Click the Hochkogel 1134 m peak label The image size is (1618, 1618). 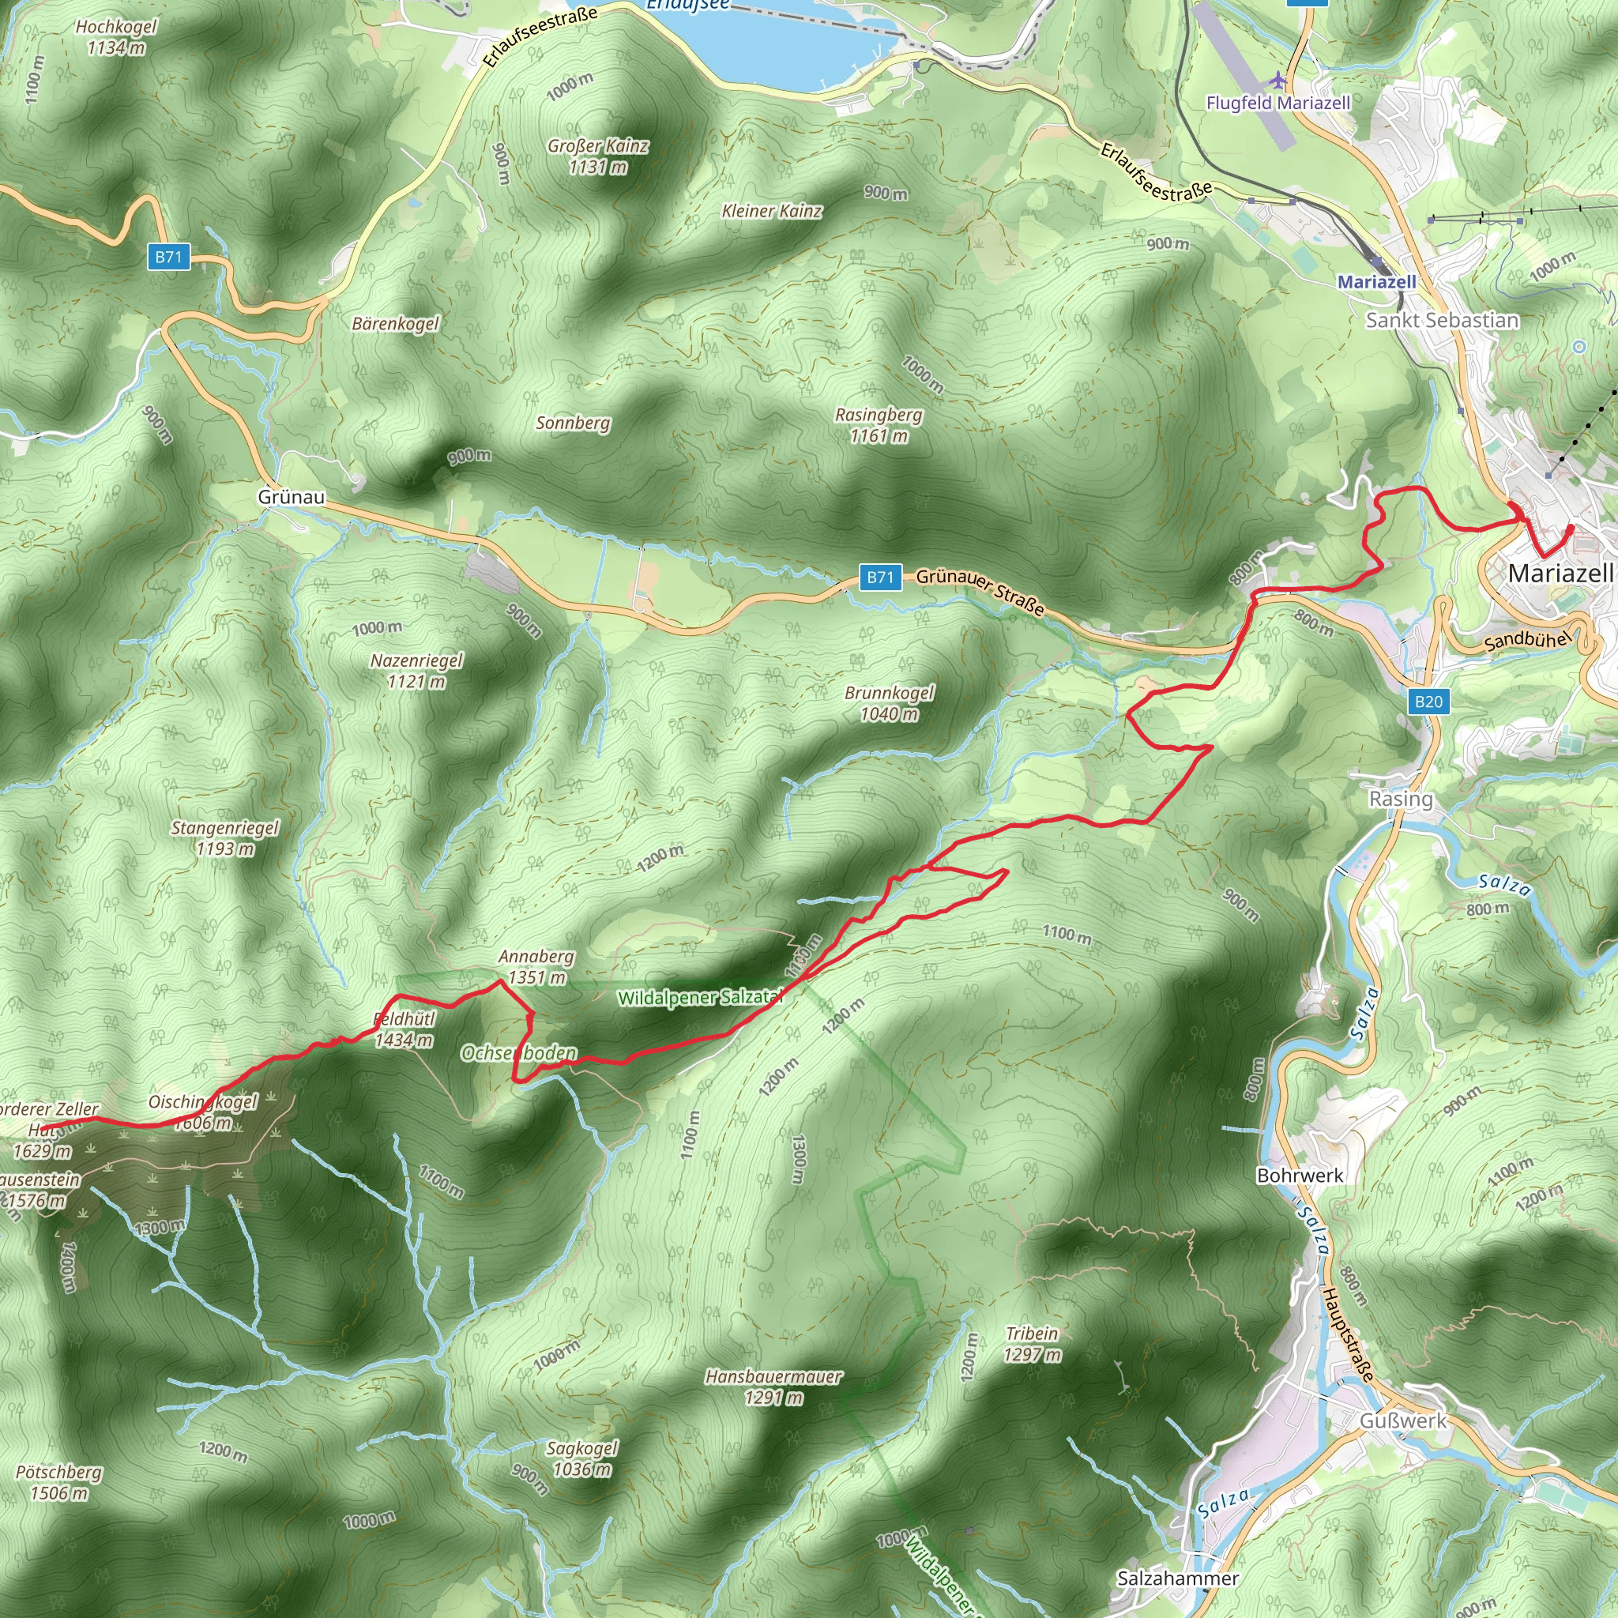(x=115, y=37)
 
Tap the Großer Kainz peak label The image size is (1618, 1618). (x=598, y=156)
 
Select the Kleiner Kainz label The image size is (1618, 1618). (x=771, y=211)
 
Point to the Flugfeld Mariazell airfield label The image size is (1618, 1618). (x=1278, y=103)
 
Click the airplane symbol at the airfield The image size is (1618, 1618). (x=1277, y=81)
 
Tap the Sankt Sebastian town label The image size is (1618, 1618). (x=1441, y=320)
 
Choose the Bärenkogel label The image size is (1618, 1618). (x=395, y=323)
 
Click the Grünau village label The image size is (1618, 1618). (x=292, y=497)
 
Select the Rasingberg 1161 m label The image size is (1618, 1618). (x=879, y=424)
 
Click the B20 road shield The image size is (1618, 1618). (x=1428, y=701)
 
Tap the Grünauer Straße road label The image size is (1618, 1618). (x=980, y=591)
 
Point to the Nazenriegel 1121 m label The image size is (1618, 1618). (x=416, y=671)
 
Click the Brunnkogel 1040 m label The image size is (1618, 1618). (x=890, y=702)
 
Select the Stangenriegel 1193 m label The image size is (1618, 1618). (x=224, y=837)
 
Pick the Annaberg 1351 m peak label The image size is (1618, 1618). (x=536, y=966)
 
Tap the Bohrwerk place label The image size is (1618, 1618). (x=1300, y=1175)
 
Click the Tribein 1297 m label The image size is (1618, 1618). (x=1032, y=1343)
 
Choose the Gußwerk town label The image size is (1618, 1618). (x=1403, y=1420)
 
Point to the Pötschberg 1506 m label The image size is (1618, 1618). (x=58, y=1482)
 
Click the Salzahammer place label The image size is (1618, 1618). (x=1177, y=1578)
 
